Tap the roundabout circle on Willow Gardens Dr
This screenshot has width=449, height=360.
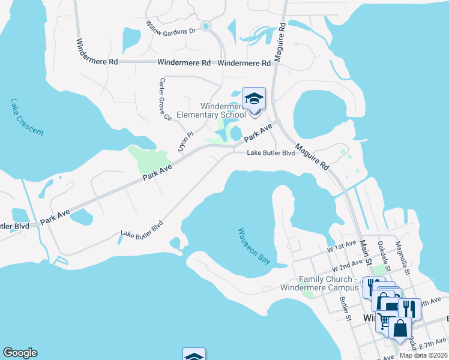206,26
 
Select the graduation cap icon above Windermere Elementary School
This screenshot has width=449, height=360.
254,98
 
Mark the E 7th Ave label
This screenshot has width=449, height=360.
430,342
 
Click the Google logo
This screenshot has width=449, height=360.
20,353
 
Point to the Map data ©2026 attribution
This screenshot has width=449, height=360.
423,355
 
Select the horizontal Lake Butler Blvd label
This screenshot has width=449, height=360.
271,153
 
